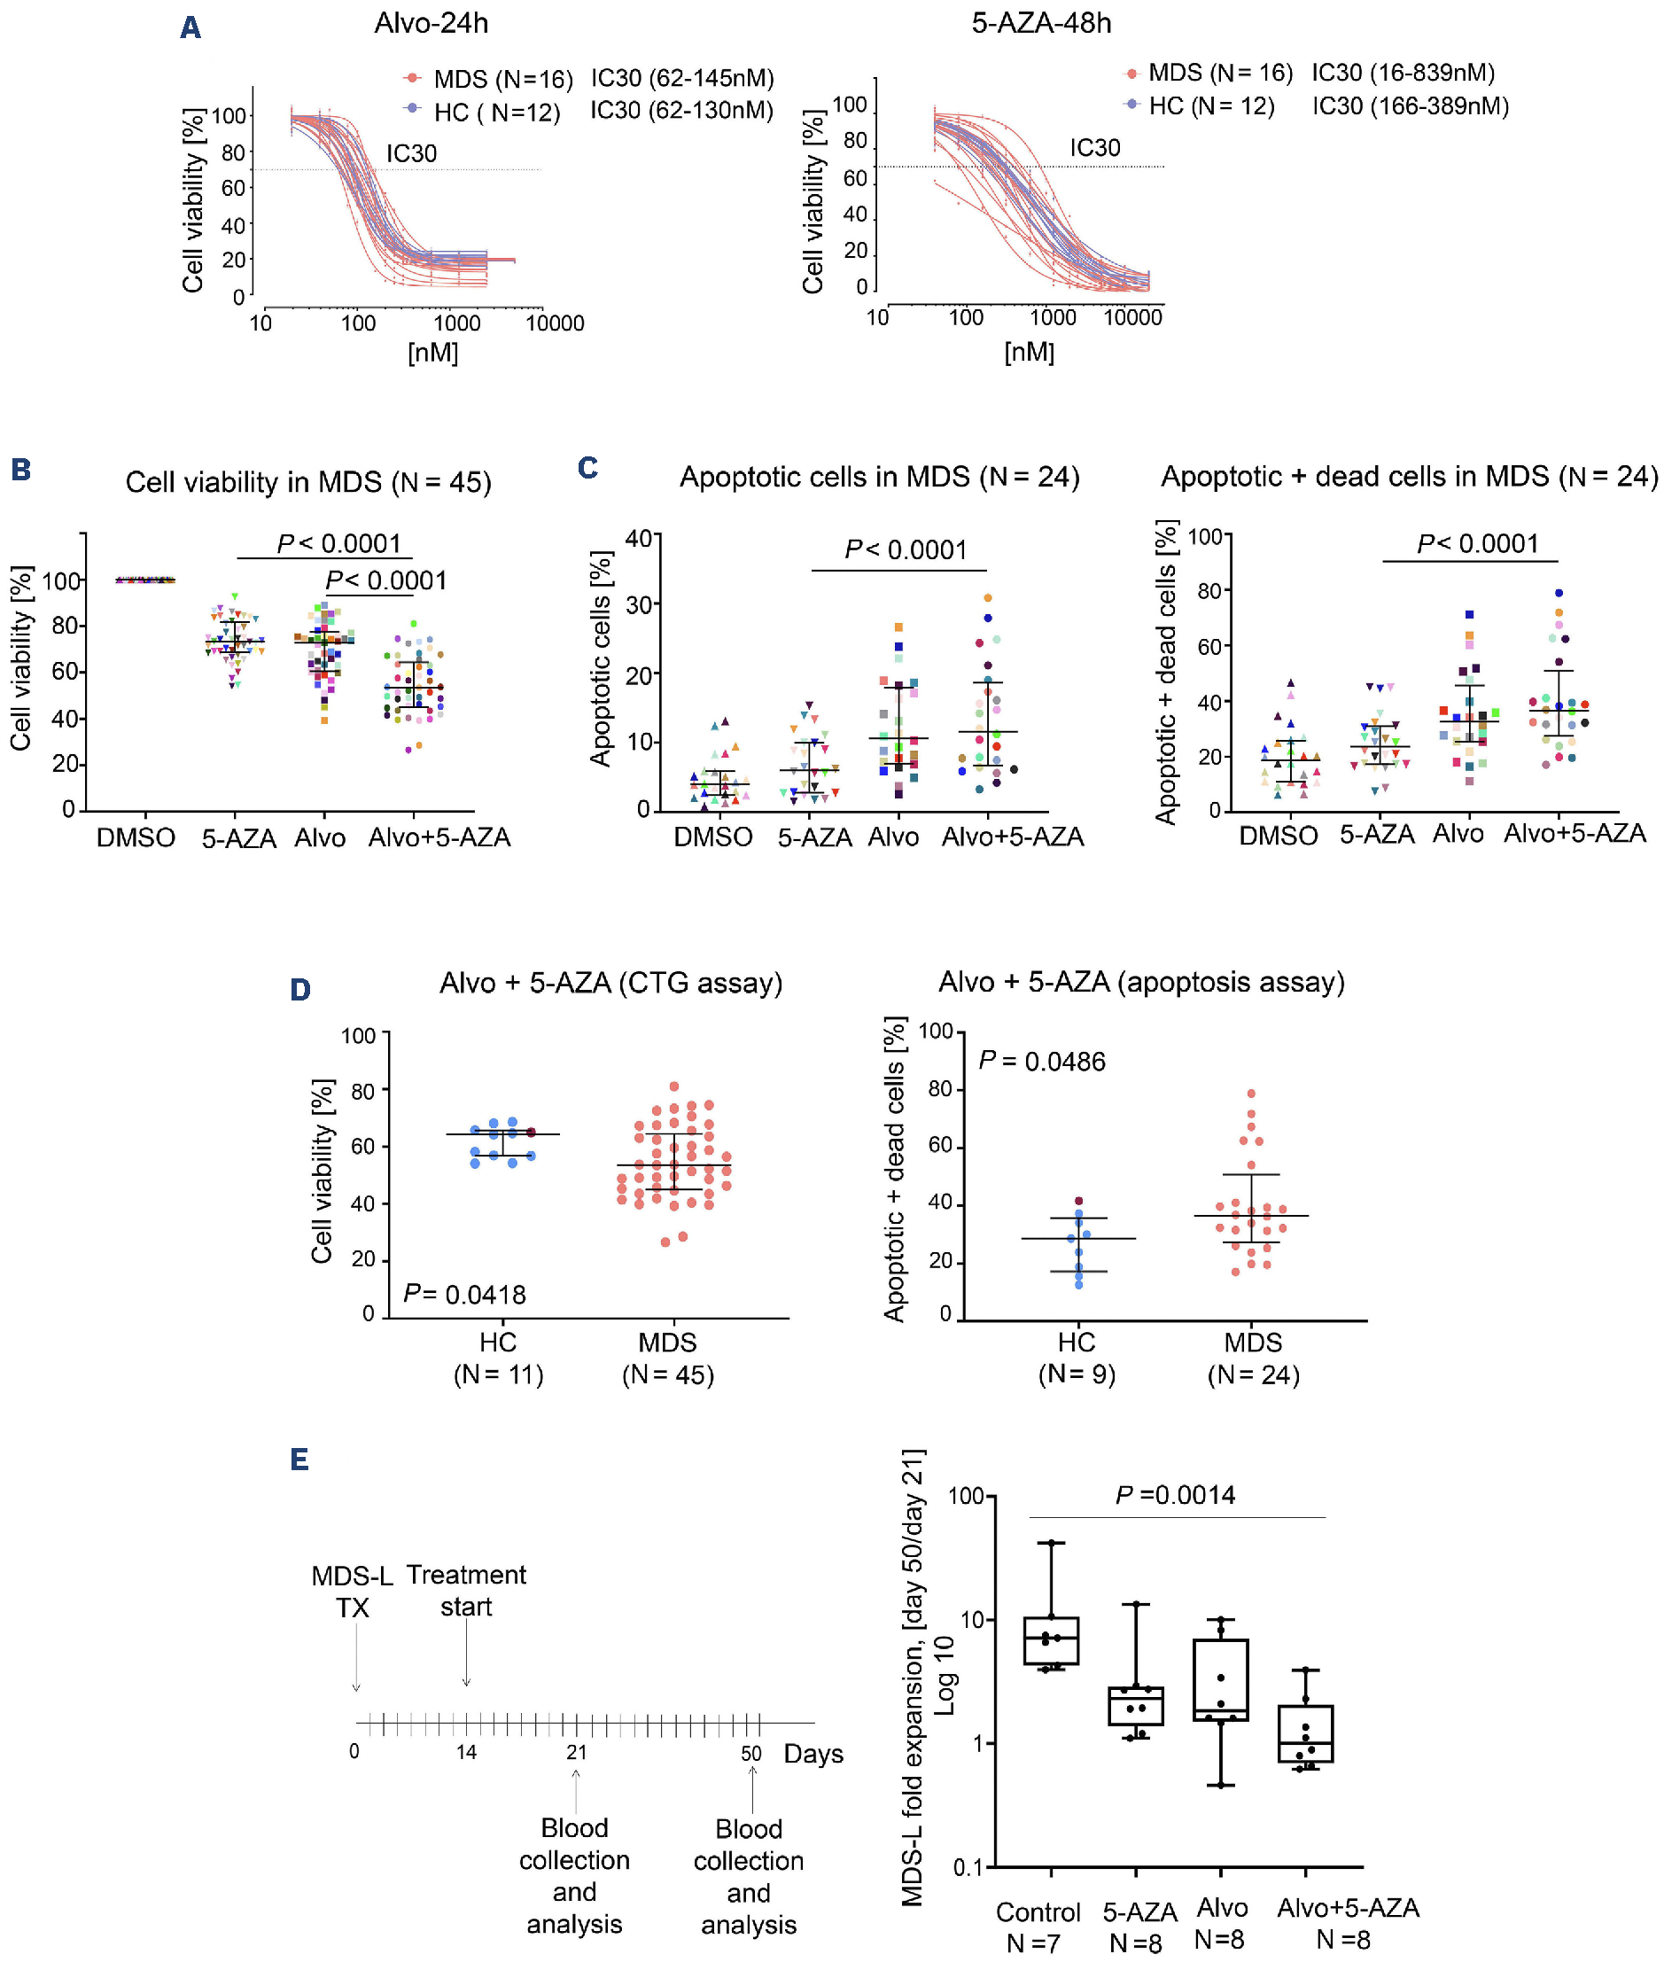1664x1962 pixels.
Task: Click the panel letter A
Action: (x=191, y=27)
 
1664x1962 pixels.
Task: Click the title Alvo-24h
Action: (x=432, y=23)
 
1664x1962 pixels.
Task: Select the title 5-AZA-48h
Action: (x=1041, y=23)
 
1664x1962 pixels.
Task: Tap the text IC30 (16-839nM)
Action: (x=1403, y=73)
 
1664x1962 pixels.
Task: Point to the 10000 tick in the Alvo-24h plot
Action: (x=555, y=323)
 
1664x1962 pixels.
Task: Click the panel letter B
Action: (x=20, y=469)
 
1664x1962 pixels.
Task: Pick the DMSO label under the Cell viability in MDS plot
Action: (x=136, y=837)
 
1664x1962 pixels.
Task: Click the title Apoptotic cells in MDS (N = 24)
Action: (x=879, y=478)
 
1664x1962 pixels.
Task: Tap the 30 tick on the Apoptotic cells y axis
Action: (x=639, y=604)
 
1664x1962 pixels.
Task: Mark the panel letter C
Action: (x=587, y=468)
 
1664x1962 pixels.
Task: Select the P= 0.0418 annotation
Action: (x=464, y=1294)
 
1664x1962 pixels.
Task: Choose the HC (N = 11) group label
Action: (x=498, y=1359)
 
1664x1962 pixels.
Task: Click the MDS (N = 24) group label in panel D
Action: (x=1253, y=1359)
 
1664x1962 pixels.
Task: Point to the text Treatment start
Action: (x=466, y=1591)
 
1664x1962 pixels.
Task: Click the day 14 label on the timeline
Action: (x=466, y=1752)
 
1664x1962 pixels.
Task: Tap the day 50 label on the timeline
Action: (x=750, y=1753)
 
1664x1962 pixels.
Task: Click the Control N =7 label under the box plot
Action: (x=1038, y=1927)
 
